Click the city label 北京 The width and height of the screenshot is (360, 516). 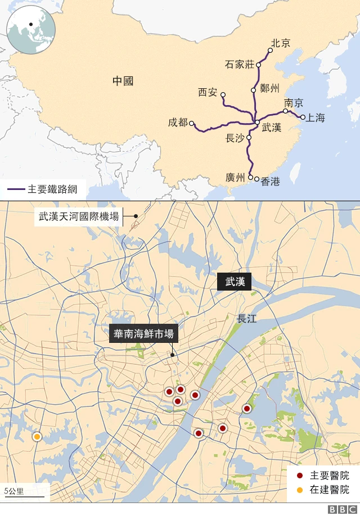[x=281, y=43]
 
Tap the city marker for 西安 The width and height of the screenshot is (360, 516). [x=223, y=94]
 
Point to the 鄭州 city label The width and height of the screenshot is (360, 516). [x=270, y=88]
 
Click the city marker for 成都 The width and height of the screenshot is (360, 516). [x=192, y=123]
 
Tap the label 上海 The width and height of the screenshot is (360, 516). [x=316, y=118]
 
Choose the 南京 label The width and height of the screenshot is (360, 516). [x=294, y=103]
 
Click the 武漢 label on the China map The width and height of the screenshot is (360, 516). [x=272, y=128]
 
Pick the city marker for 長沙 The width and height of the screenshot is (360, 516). [x=249, y=137]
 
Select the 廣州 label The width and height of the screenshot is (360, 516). [x=235, y=178]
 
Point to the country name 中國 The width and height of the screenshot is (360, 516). [x=123, y=81]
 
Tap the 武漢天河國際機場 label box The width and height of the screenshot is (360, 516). [x=78, y=216]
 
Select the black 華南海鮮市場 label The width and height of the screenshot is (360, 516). [x=143, y=334]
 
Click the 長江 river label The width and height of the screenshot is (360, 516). [x=247, y=319]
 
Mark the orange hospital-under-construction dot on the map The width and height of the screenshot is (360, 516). [x=37, y=436]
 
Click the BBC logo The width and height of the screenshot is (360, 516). [x=340, y=509]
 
